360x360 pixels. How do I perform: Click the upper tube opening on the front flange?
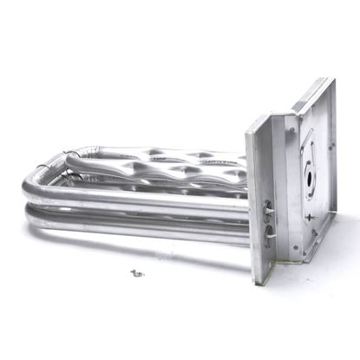tap(266, 208)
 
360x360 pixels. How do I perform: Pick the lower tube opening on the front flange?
tap(267, 231)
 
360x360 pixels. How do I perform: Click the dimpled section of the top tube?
tap(173, 165)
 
